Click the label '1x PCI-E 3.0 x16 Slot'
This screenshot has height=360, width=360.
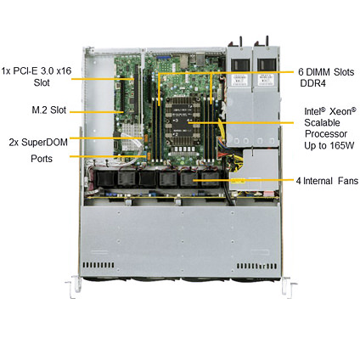tap(37, 76)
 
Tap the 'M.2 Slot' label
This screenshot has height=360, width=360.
tap(49, 110)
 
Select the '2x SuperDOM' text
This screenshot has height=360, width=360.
tap(38, 142)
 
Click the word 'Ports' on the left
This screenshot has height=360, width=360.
tap(42, 159)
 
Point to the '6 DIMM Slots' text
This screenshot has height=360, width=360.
tap(326, 72)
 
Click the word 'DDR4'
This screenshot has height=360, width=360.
tap(312, 83)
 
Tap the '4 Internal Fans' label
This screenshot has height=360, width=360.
tap(327, 181)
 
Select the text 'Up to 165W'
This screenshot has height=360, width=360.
tap(329, 146)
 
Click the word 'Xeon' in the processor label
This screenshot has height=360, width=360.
tap(343, 111)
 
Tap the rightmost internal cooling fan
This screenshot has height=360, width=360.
tap(211, 179)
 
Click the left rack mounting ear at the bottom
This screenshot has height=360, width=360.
tap(72, 286)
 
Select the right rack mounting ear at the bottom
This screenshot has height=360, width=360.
tap(290, 286)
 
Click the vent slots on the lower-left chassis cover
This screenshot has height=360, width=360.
tap(98, 265)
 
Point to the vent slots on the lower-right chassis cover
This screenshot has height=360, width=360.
tap(256, 266)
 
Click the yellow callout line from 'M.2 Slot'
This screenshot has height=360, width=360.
tap(97, 112)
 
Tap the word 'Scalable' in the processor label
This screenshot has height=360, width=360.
tap(322, 122)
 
